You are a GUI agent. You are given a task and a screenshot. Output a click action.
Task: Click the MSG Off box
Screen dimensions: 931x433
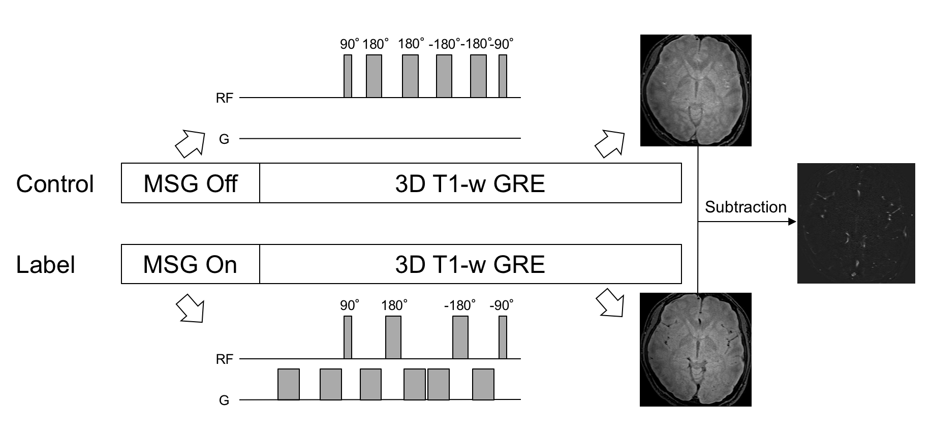point(190,183)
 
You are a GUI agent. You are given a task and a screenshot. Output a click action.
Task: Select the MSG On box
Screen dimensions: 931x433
point(190,264)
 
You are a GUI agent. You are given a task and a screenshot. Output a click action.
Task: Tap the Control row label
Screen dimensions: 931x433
point(55,183)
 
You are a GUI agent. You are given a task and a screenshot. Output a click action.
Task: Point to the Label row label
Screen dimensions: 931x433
point(46,265)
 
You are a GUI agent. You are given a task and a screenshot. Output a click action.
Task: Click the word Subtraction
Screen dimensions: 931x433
point(746,207)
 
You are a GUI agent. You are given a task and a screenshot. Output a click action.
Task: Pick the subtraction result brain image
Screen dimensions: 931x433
point(856,223)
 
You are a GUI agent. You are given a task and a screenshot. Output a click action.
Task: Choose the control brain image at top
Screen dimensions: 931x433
point(696,90)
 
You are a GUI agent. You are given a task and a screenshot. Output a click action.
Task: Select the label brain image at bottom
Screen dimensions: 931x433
point(696,350)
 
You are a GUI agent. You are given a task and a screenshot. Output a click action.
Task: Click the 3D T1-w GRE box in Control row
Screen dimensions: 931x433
point(470,183)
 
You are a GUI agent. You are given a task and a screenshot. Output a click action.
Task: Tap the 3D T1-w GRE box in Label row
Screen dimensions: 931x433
point(470,264)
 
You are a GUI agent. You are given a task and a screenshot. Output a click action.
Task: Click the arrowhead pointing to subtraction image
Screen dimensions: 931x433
point(791,222)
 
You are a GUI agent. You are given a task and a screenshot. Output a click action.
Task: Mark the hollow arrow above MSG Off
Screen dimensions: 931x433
point(190,143)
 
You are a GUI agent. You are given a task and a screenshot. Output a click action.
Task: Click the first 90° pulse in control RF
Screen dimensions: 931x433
point(348,76)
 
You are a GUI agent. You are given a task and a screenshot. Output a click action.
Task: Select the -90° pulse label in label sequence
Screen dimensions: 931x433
point(502,305)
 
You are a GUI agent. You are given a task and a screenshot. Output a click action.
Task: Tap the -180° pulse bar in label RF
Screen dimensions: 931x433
point(460,337)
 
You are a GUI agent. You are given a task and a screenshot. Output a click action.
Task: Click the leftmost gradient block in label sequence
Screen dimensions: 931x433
point(289,384)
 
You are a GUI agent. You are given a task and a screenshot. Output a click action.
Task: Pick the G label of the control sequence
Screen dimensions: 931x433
point(224,139)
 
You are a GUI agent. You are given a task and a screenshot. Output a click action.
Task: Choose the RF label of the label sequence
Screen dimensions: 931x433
point(224,359)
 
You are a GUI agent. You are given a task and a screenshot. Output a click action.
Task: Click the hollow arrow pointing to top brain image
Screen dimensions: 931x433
point(609,143)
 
